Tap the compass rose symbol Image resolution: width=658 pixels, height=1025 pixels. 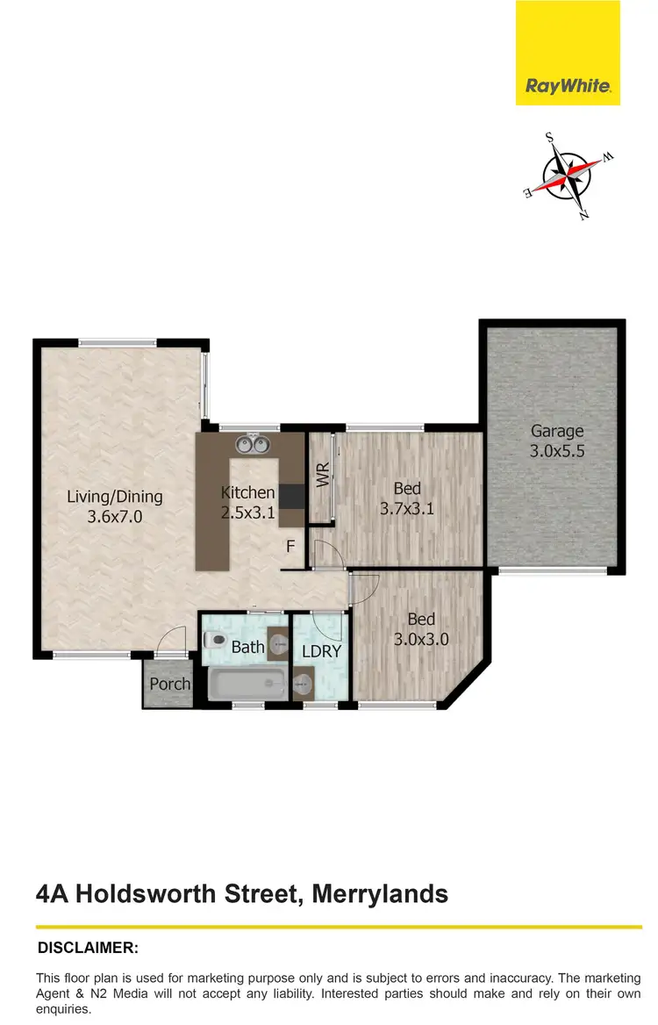(x=569, y=176)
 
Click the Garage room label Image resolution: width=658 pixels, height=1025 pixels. (x=556, y=431)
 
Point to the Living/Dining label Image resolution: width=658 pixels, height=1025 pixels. (x=115, y=498)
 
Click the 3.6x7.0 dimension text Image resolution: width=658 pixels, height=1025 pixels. (x=115, y=517)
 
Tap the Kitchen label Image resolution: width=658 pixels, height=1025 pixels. (x=248, y=492)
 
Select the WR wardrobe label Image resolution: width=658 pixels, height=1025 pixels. (x=321, y=477)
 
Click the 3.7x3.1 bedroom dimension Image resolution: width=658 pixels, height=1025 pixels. (x=407, y=508)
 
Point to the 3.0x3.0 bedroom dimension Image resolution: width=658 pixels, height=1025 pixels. (x=421, y=639)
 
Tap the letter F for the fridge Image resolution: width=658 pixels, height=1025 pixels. (x=290, y=548)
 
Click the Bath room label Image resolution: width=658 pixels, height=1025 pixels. (x=247, y=648)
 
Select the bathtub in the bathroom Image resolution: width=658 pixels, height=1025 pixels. (x=247, y=684)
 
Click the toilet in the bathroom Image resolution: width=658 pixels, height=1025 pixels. (x=216, y=642)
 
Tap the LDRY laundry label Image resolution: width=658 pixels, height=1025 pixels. (x=320, y=651)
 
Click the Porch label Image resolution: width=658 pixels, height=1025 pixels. (x=169, y=684)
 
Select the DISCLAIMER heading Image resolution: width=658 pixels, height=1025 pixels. (x=88, y=948)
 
